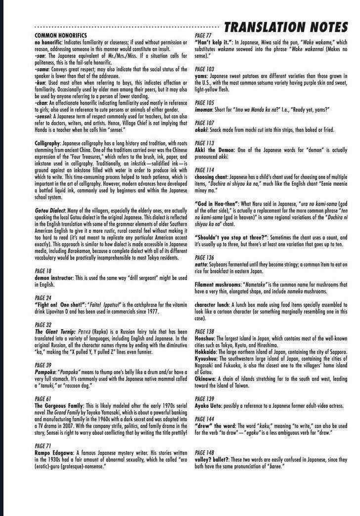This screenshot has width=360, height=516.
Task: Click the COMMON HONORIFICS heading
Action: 61,36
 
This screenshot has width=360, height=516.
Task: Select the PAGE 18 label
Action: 43,271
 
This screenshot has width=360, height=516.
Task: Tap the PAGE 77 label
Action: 203,36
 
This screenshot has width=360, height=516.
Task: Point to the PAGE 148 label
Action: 204,452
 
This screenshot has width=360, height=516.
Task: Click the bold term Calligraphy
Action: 47,143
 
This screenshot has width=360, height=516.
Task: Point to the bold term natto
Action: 201,264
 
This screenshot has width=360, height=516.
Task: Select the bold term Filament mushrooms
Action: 217,285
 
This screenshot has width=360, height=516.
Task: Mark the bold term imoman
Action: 204,109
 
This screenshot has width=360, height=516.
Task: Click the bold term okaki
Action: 202,129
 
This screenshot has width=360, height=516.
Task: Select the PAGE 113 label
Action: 204,143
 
